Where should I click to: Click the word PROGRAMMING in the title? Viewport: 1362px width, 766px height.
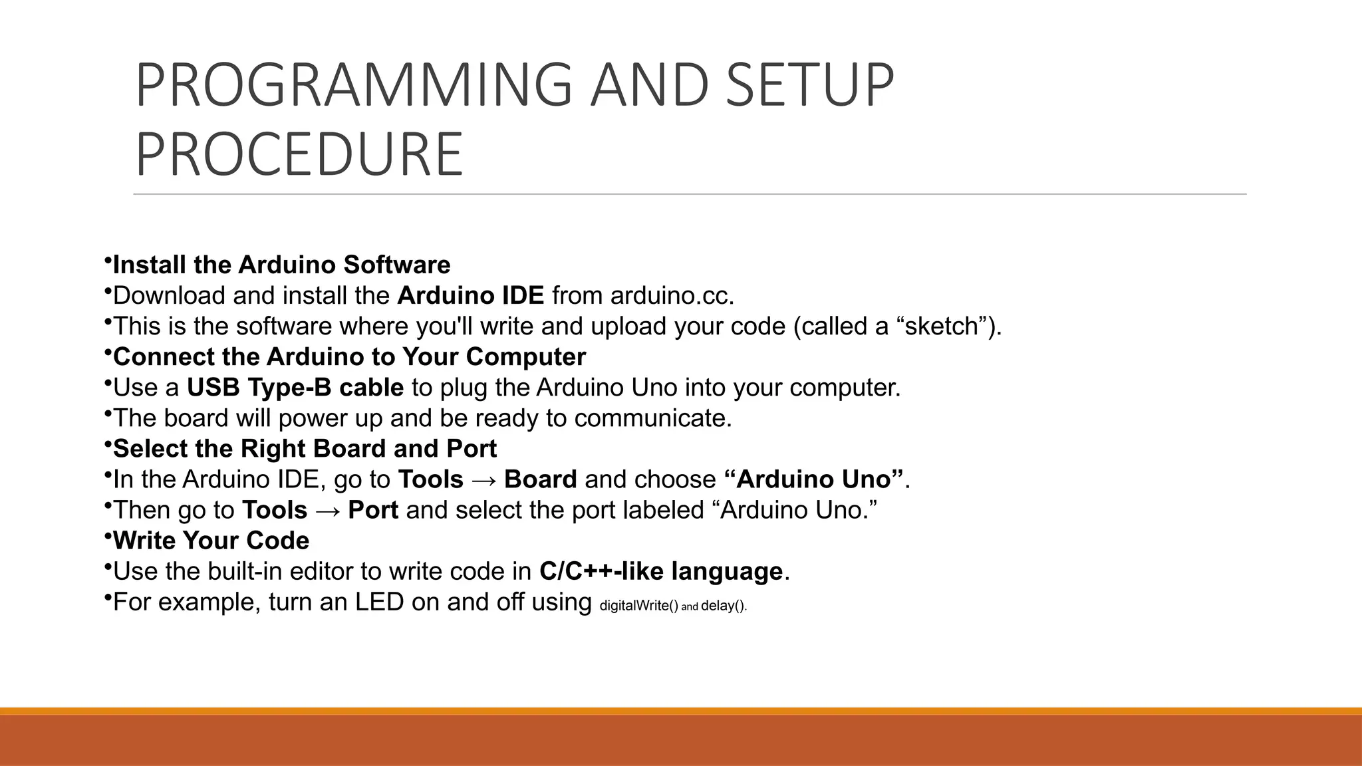click(x=353, y=84)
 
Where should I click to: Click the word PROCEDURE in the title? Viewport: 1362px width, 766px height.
click(x=299, y=154)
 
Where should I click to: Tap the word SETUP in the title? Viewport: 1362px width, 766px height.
click(x=809, y=84)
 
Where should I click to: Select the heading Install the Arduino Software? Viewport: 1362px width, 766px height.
click(x=281, y=265)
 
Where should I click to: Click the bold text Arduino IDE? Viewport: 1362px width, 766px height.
click(x=470, y=295)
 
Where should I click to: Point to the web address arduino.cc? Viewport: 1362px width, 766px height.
click(x=672, y=295)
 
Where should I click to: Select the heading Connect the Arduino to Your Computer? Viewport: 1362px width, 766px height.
click(x=349, y=357)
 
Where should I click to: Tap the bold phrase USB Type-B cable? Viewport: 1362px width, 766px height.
click(x=295, y=388)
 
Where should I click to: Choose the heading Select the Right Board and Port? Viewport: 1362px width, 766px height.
click(x=305, y=449)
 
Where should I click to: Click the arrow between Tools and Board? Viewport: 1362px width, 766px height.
click(x=483, y=480)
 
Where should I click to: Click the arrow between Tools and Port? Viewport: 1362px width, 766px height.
click(x=328, y=511)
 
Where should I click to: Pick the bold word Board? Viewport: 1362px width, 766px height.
click(x=540, y=479)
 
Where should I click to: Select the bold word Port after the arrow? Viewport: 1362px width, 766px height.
click(x=373, y=510)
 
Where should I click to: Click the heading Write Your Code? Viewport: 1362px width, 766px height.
click(x=211, y=541)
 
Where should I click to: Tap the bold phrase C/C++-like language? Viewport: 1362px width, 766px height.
click(x=661, y=571)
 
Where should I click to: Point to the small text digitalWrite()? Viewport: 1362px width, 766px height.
click(x=638, y=606)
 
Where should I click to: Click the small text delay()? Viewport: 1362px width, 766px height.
click(x=724, y=606)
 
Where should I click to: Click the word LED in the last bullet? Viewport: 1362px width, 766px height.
click(x=379, y=602)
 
